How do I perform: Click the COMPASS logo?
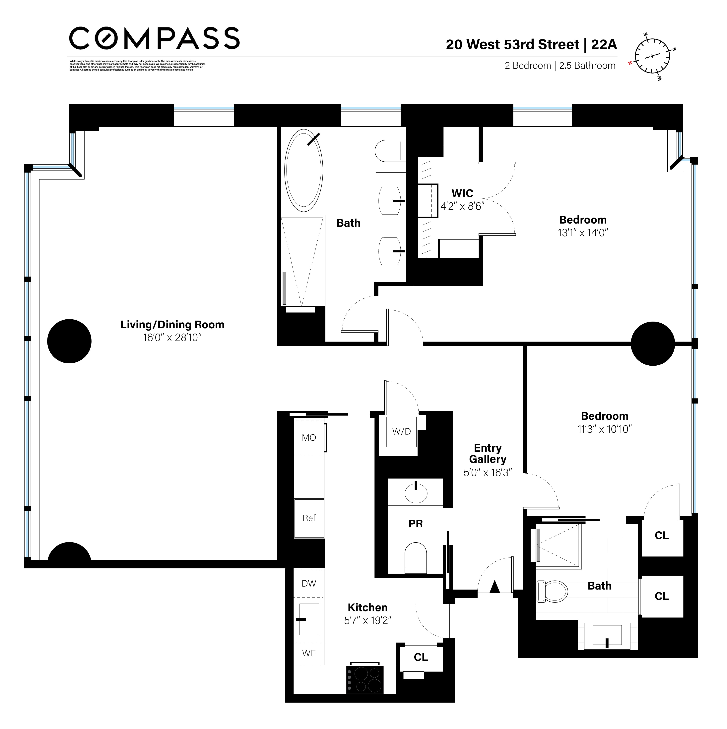(x=154, y=38)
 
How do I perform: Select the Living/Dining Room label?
(x=172, y=325)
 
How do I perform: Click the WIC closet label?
(x=462, y=193)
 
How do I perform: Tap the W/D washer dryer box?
(x=401, y=431)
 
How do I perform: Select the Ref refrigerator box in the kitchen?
(x=309, y=518)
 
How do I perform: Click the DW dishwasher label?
(x=309, y=583)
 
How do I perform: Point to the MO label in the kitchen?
(x=309, y=438)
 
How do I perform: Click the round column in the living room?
(x=70, y=341)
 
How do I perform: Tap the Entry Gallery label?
(x=488, y=453)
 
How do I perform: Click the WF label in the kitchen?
(x=309, y=653)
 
